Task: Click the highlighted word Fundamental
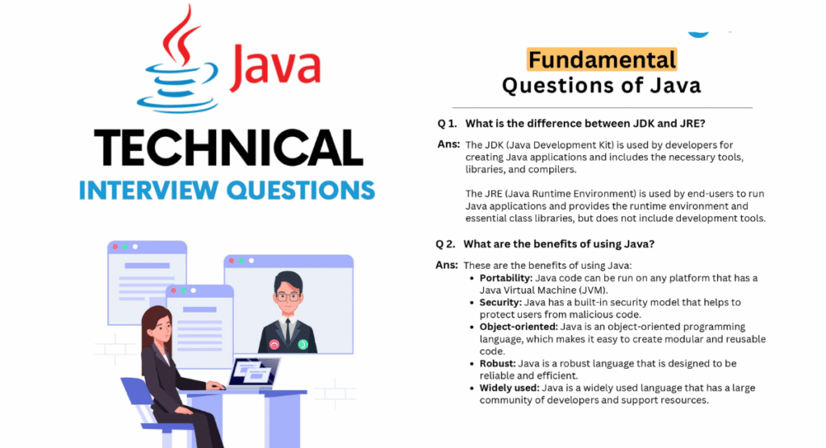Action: (601, 59)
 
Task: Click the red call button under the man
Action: (274, 344)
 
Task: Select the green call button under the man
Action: (302, 344)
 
